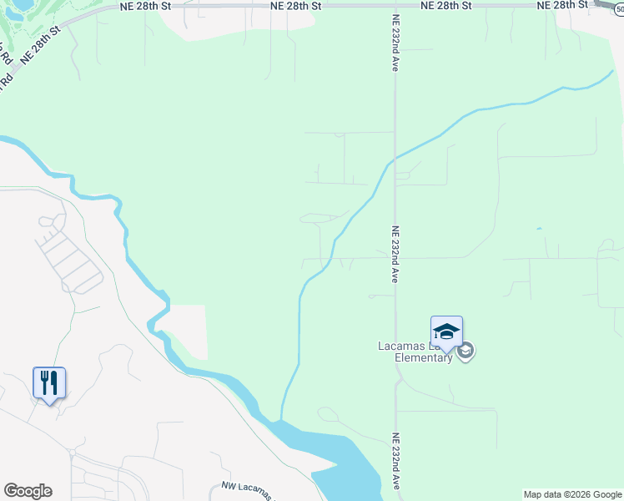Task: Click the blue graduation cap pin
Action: pos(446,332)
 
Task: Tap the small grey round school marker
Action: pos(466,351)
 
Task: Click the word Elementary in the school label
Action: pos(425,358)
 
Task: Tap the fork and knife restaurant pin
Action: pos(49,383)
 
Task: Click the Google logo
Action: pos(28,491)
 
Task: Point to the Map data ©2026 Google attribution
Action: pos(572,494)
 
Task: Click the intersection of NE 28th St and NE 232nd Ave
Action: pos(395,6)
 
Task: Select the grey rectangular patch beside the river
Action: pos(190,331)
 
